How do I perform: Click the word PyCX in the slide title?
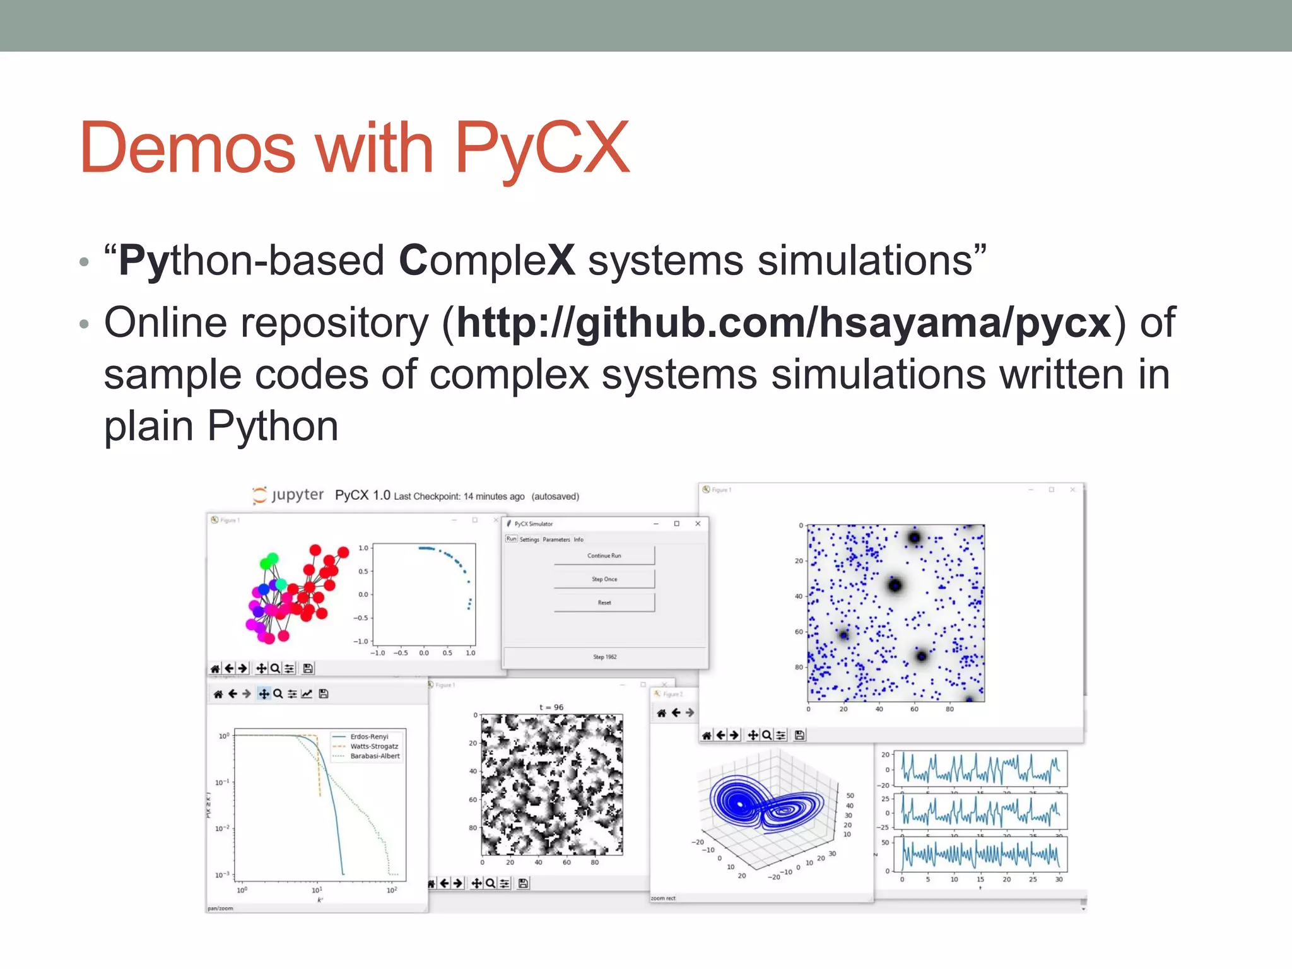541,148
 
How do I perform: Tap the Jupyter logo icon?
259,495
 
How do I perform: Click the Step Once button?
604,579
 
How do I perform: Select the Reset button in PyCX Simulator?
604,602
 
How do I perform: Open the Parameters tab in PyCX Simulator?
556,539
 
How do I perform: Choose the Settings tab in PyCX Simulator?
529,539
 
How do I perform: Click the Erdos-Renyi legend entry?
369,736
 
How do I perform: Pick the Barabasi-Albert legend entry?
375,756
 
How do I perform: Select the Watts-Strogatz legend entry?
374,746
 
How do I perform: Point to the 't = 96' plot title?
551,707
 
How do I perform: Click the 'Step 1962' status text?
604,657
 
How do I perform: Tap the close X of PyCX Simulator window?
698,524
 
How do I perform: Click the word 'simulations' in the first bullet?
864,261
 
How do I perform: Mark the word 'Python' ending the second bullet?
273,427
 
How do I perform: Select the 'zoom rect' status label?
663,898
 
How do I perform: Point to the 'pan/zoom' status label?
220,908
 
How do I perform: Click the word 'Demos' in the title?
187,148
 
